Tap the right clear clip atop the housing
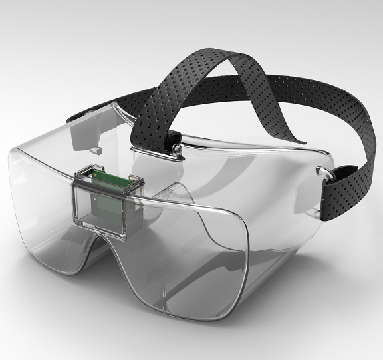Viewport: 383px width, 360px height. pos(136,178)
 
